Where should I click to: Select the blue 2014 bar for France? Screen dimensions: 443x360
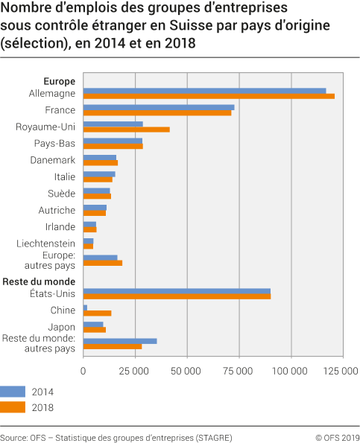(159, 107)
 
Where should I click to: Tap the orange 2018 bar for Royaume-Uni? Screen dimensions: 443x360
(127, 130)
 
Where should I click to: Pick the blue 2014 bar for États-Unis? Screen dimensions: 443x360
(177, 291)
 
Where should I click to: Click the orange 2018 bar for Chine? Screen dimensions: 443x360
(98, 313)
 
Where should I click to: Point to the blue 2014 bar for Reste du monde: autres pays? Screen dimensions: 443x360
(120, 341)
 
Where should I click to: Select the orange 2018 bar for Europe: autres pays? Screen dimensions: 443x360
(103, 263)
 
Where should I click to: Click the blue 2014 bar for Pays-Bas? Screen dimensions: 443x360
(113, 141)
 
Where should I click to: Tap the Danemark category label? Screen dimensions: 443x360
(53, 160)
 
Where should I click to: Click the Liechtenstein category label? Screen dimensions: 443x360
(46, 243)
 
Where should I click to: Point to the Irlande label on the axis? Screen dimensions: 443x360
(60, 226)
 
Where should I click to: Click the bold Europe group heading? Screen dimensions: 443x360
(60, 80)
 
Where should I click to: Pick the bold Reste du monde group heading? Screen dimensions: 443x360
(39, 281)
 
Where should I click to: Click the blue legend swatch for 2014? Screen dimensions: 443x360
(13, 391)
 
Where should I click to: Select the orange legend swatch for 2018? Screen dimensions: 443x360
(13, 407)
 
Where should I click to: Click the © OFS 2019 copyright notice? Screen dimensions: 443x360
(337, 437)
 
